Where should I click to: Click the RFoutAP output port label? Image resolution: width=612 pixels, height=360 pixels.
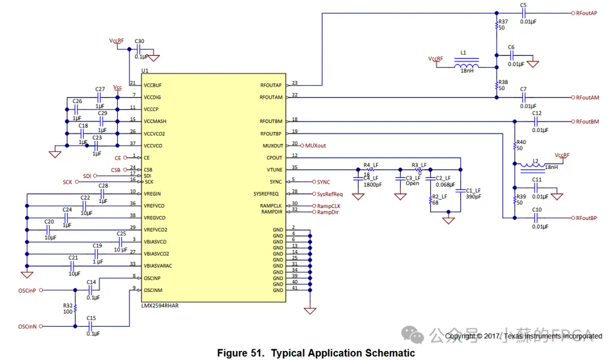pos(586,13)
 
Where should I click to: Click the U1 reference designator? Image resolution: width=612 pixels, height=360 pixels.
pos(145,71)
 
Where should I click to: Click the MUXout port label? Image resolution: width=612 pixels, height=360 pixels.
pos(316,146)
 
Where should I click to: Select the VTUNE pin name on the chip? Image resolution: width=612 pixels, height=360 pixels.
pos(274,170)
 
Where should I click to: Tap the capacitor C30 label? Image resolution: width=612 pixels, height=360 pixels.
pos(139,41)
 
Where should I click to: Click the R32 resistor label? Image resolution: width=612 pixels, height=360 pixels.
pos(68,304)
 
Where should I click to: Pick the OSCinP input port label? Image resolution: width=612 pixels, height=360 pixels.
pos(27,290)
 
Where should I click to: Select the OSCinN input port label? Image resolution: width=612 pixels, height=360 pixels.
pos(27,327)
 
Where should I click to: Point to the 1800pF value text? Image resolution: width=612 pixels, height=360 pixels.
pos(372,184)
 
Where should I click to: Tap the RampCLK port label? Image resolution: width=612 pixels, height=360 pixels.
pos(329,206)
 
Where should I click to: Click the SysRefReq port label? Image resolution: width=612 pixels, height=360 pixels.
pos(330,194)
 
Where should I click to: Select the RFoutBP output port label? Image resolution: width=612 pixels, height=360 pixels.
pos(586,218)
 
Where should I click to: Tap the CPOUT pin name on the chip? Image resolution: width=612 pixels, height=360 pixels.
pos(274,158)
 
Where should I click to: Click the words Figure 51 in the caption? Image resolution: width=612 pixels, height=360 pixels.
pos(241,353)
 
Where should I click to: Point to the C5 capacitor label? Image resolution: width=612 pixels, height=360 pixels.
pos(523,5)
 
